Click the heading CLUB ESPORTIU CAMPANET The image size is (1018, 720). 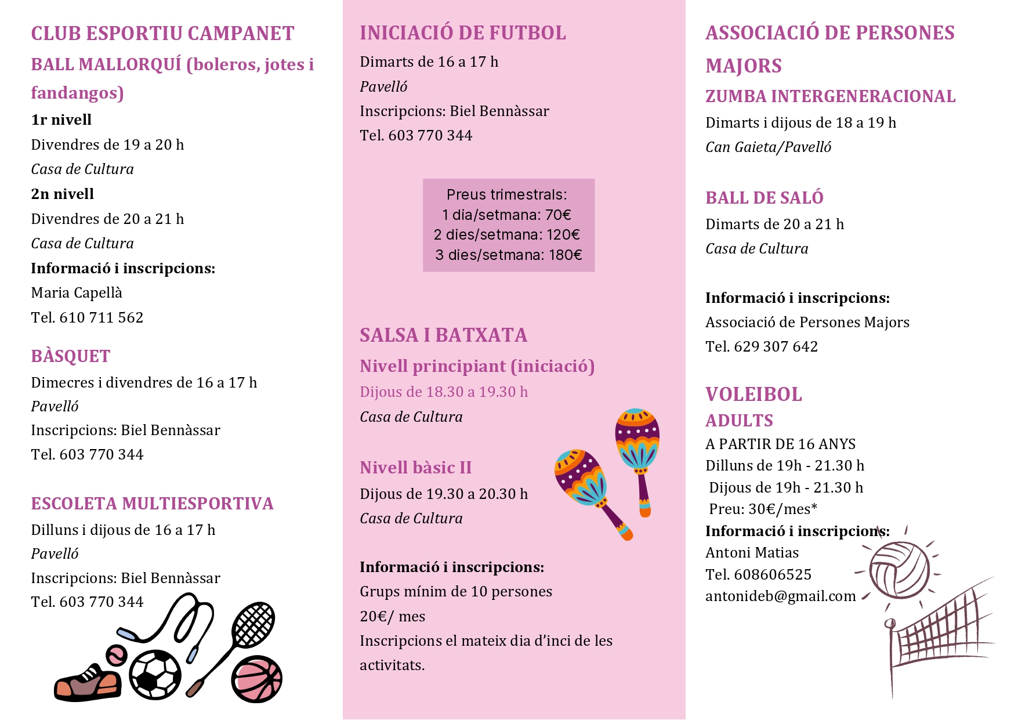click(x=162, y=34)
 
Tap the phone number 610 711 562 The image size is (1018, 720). click(x=101, y=318)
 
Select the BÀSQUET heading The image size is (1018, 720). click(x=70, y=356)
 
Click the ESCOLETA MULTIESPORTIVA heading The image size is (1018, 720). click(x=152, y=504)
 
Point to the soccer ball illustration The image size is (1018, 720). click(x=155, y=675)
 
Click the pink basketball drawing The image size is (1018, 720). click(x=256, y=679)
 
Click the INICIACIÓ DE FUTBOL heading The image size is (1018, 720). click(x=462, y=33)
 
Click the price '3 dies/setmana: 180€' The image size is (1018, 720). click(x=509, y=255)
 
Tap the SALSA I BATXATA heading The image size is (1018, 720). click(x=443, y=335)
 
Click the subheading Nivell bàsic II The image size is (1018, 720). click(x=415, y=468)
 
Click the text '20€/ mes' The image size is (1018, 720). click(x=392, y=617)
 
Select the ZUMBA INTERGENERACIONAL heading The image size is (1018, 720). click(x=830, y=96)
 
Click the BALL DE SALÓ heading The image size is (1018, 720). click(x=764, y=198)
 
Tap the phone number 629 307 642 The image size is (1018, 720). click(x=776, y=347)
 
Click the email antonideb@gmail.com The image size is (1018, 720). click(x=780, y=596)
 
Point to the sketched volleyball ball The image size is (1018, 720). click(x=899, y=569)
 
